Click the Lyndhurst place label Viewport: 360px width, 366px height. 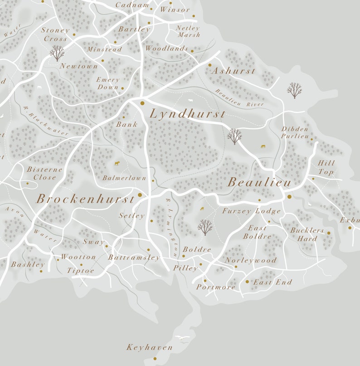click(x=187, y=114)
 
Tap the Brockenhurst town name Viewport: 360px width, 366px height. click(x=85, y=199)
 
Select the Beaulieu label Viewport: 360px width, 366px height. click(x=259, y=182)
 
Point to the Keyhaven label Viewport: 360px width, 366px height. click(x=149, y=347)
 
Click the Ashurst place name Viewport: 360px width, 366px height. click(x=234, y=71)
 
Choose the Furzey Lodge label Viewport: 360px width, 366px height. click(x=251, y=211)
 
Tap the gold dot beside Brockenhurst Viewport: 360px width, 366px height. click(x=140, y=195)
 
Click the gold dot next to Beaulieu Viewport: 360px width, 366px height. click(x=289, y=196)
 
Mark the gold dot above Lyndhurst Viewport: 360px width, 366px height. click(x=142, y=103)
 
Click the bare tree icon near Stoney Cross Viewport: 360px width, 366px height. click(x=57, y=53)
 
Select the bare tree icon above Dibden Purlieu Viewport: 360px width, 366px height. click(x=294, y=90)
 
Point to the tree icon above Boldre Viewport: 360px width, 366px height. click(x=205, y=227)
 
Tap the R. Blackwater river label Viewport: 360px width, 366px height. click(x=45, y=121)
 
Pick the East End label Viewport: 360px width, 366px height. click(x=272, y=282)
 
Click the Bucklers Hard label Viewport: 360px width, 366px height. click(x=307, y=234)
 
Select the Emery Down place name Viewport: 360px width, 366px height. click(x=107, y=83)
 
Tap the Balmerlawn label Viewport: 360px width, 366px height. click(x=124, y=178)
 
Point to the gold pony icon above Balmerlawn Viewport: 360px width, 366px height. click(x=117, y=163)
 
